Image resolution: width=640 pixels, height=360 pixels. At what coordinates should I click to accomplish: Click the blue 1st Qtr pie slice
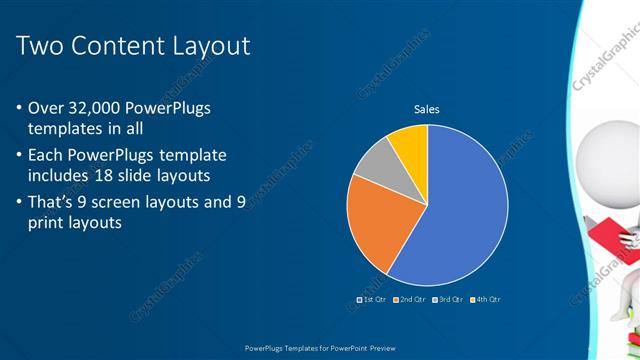click(x=455, y=215)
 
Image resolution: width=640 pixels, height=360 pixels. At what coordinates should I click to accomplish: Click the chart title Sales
click(x=427, y=110)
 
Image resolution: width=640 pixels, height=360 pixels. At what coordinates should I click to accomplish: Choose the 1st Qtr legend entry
click(x=372, y=299)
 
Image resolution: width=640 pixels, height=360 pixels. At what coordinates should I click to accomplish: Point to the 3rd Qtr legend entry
click(x=450, y=299)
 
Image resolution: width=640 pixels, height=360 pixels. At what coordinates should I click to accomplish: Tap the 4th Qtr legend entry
click(x=487, y=299)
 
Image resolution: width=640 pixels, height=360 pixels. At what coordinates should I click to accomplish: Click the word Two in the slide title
click(x=40, y=46)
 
